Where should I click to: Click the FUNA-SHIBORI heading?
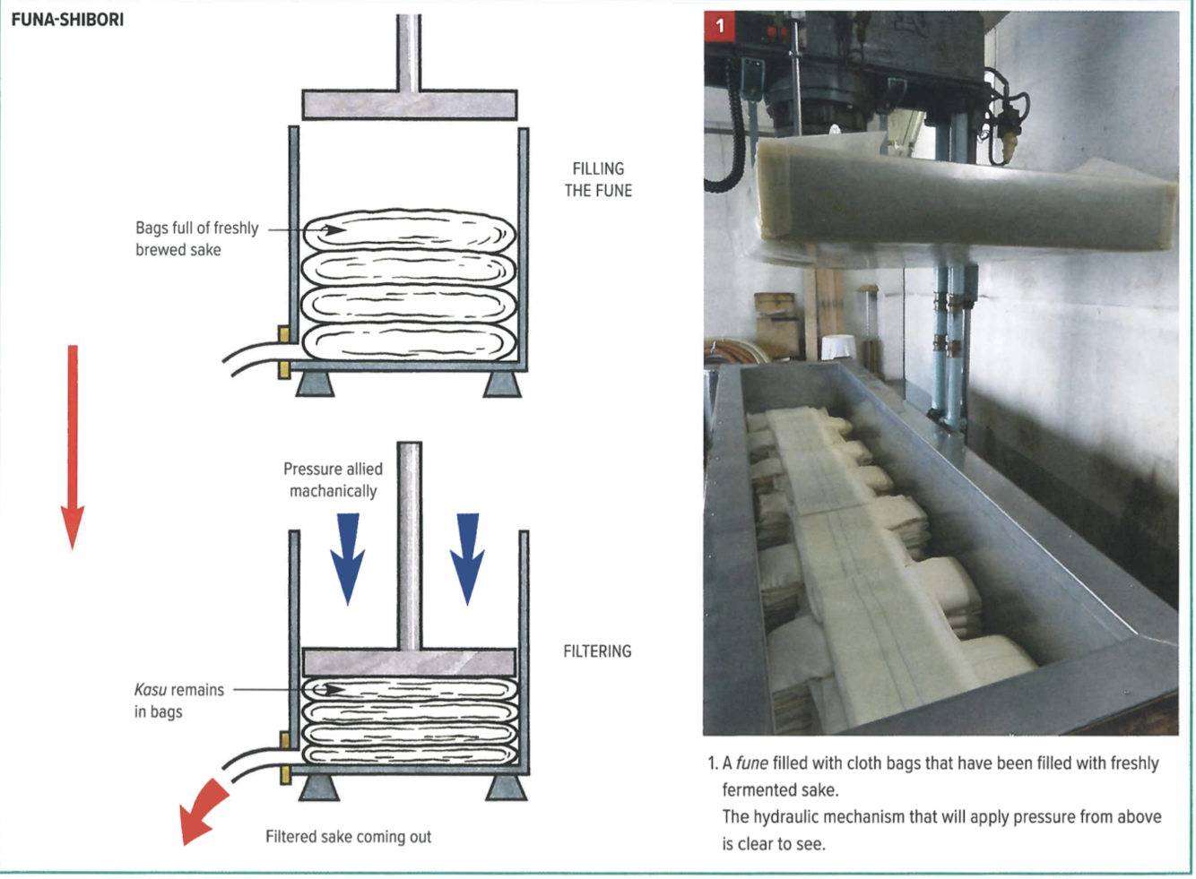pyautogui.click(x=67, y=19)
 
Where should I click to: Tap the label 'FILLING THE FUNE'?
pyautogui.click(x=598, y=179)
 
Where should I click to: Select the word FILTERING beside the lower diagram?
pyautogui.click(x=597, y=651)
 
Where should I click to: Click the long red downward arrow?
pyautogui.click(x=73, y=444)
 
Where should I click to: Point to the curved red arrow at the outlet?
pyautogui.click(x=203, y=808)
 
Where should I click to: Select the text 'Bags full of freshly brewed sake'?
pyautogui.click(x=196, y=238)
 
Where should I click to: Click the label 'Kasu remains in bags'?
pyautogui.click(x=178, y=700)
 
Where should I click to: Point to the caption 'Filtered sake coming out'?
pyautogui.click(x=348, y=837)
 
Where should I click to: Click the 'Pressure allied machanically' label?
pyautogui.click(x=333, y=479)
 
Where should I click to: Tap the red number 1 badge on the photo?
pyautogui.click(x=719, y=26)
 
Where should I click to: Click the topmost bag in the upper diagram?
pyautogui.click(x=409, y=232)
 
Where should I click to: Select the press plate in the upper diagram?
pyautogui.click(x=409, y=104)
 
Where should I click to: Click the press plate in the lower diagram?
pyautogui.click(x=409, y=661)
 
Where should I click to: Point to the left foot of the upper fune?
pyautogui.click(x=315, y=383)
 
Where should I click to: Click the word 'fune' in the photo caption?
pyautogui.click(x=751, y=763)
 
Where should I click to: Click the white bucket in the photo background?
pyautogui.click(x=839, y=347)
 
